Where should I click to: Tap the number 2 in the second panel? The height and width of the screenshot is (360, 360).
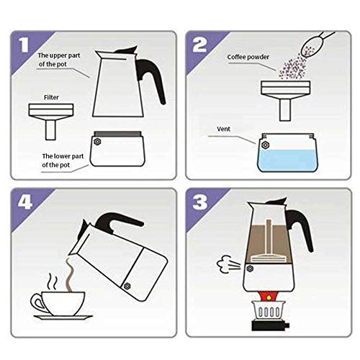pos(200,46)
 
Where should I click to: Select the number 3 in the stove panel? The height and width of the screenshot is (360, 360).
pos(200,204)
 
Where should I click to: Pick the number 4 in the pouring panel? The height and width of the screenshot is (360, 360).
pos(23,204)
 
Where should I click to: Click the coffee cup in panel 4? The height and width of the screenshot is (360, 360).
pos(50,302)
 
